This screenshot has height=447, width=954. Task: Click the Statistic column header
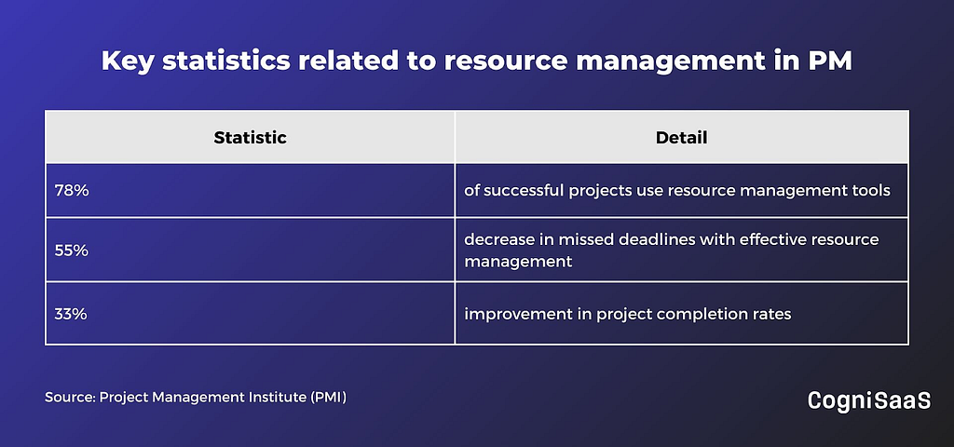250,138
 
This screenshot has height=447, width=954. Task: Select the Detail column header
681,138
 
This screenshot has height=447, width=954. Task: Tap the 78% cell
72,190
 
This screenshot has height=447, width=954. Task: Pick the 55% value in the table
72,250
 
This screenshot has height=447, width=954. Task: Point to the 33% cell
72,314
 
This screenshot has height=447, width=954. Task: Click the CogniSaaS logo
869,400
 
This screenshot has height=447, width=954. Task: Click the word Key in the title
128,62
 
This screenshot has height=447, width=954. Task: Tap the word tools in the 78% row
870,190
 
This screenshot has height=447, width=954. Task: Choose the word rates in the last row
771,315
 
